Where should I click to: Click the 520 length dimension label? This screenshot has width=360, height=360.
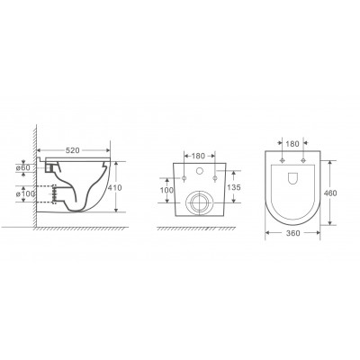(x=72, y=150)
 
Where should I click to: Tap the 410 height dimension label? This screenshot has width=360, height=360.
(x=114, y=188)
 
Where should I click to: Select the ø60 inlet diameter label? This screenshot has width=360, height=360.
(x=23, y=167)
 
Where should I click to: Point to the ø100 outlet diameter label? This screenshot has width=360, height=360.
(x=25, y=193)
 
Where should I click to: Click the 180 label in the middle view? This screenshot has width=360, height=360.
(x=198, y=156)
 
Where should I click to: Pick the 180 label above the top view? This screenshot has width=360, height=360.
(x=292, y=144)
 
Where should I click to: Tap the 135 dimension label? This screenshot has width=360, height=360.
(x=234, y=187)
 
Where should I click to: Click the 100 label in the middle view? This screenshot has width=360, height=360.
(x=166, y=190)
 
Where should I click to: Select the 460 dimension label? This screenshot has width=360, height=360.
(x=330, y=193)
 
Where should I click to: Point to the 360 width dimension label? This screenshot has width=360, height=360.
(x=292, y=233)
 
